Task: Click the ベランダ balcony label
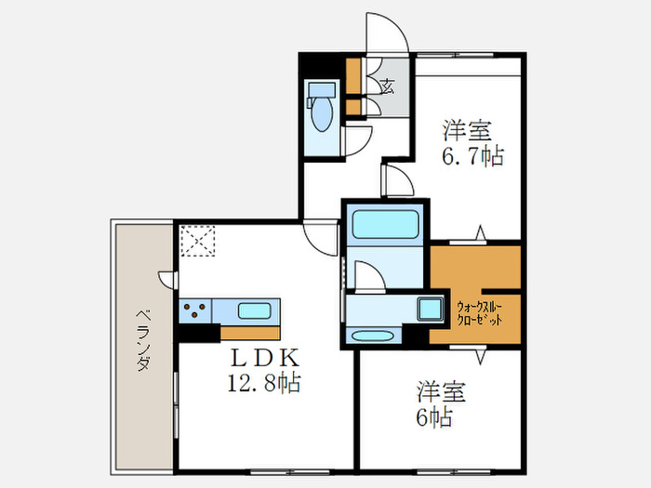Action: (x=141, y=339)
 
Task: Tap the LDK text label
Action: (x=265, y=358)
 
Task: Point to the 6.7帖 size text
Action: (x=472, y=155)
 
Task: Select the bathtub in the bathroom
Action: (x=385, y=225)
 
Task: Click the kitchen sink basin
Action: (x=253, y=310)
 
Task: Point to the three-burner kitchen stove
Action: (x=195, y=310)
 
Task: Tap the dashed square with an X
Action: (x=196, y=241)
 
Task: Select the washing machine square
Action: (x=431, y=308)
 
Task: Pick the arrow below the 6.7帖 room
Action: (x=480, y=231)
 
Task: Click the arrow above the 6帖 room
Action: (x=480, y=355)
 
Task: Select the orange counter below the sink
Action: (x=249, y=332)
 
